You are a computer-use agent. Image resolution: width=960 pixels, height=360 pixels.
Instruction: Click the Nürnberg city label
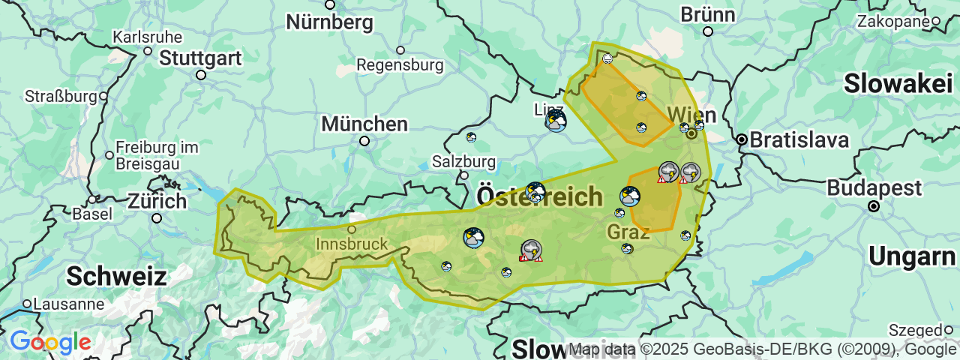tap(329, 22)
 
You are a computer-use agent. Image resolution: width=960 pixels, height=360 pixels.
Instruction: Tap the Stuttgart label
tap(200, 58)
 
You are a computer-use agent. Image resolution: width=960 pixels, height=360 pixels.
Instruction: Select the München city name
tap(364, 124)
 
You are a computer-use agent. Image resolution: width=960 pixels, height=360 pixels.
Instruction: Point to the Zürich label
tap(157, 201)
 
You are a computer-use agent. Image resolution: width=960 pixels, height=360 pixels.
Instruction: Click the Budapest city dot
tap(873, 205)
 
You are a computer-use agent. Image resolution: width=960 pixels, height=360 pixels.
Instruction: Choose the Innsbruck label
tap(352, 244)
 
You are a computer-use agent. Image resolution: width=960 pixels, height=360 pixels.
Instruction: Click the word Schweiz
tap(116, 276)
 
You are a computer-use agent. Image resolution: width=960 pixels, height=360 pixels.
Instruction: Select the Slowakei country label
tap(898, 84)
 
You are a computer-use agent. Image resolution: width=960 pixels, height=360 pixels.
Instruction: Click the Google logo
tap(50, 343)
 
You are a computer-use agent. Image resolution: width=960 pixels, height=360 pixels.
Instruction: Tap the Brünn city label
tap(707, 14)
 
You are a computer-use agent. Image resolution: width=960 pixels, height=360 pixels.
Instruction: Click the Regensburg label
tap(400, 65)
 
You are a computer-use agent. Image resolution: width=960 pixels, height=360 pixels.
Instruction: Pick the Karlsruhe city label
tap(148, 37)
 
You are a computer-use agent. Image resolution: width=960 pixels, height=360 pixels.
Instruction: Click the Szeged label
tap(915, 330)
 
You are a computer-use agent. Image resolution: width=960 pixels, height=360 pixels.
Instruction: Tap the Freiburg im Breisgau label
tap(157, 154)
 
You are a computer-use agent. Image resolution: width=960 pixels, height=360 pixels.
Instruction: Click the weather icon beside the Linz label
tap(556, 121)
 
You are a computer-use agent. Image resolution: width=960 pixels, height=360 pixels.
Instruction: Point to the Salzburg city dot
tap(464, 175)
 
